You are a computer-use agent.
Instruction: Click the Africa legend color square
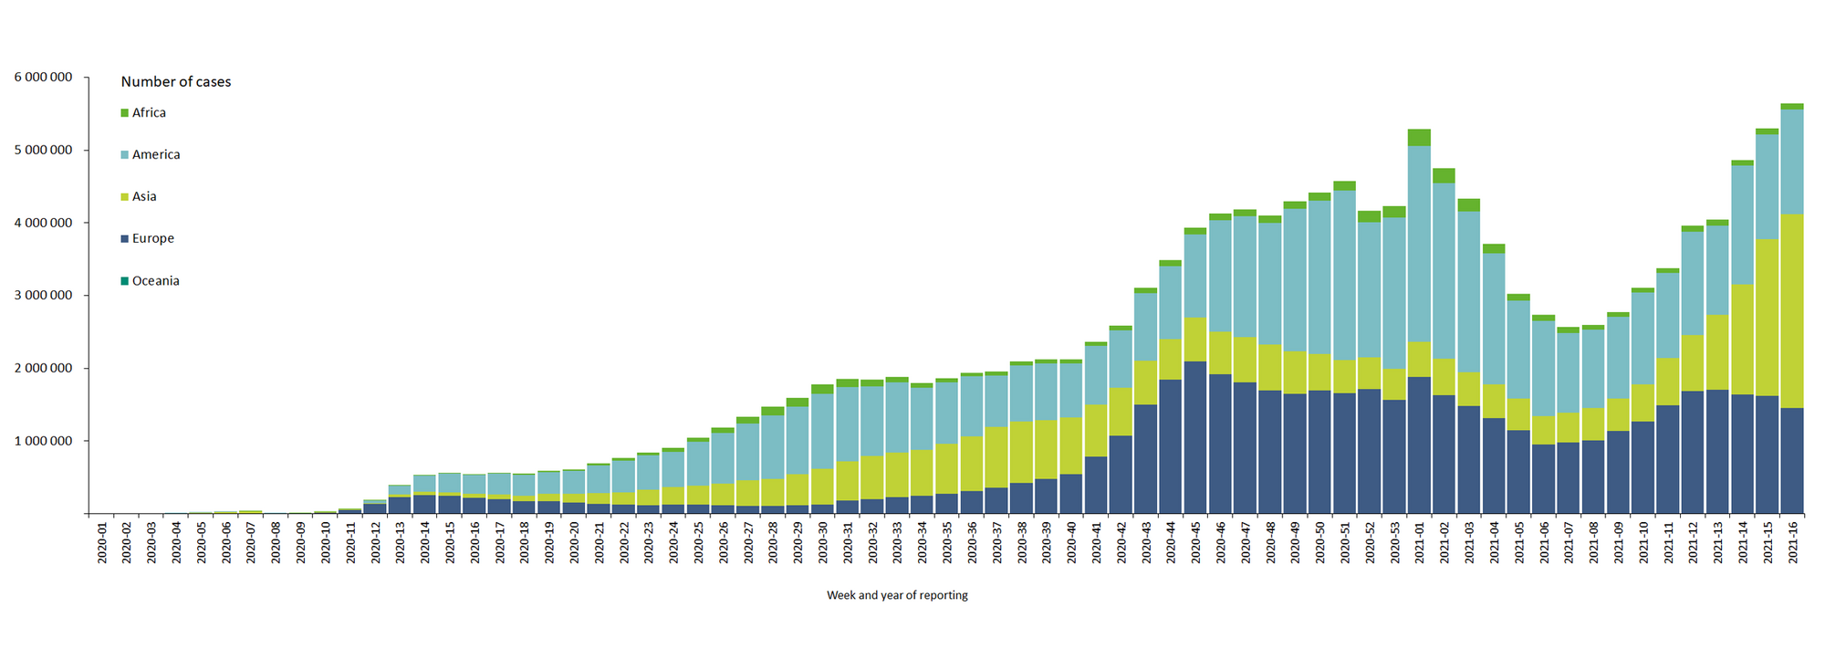[x=125, y=113]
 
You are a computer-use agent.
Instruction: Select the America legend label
[x=155, y=155]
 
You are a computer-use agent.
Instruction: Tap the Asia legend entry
[x=143, y=197]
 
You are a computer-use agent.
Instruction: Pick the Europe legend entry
[x=151, y=239]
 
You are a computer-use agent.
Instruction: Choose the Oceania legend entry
[x=155, y=281]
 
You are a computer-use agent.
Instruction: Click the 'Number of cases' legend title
[x=176, y=82]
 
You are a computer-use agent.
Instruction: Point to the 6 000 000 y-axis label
[x=43, y=78]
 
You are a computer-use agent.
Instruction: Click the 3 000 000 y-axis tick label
[x=43, y=296]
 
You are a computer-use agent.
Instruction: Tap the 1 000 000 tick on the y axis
[x=43, y=441]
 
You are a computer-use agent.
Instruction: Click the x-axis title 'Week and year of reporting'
[x=897, y=595]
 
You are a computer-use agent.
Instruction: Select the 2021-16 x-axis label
[x=1792, y=542]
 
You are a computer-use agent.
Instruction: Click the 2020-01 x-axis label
[x=102, y=542]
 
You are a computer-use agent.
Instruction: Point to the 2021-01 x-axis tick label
[x=1419, y=542]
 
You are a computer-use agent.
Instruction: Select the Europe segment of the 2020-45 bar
[x=1195, y=438]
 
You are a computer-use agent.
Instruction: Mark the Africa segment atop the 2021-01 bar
[x=1419, y=138]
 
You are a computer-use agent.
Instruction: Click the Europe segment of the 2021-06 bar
[x=1543, y=479]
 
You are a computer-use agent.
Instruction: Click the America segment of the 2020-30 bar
[x=822, y=429]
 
